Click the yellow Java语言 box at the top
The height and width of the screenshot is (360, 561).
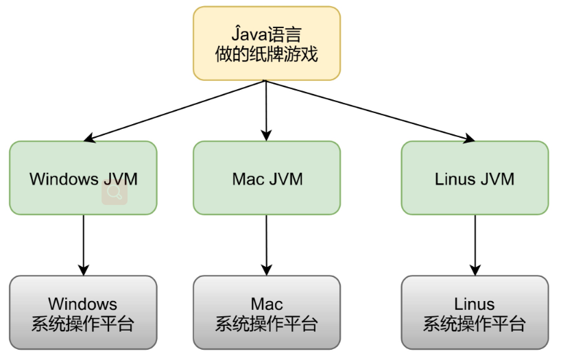point(267,43)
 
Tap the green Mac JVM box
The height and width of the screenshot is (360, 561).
point(267,178)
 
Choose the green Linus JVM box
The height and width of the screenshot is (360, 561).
point(475,178)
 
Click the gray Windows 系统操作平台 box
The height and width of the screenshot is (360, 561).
point(83,312)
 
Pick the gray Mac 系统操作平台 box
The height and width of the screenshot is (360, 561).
point(267,312)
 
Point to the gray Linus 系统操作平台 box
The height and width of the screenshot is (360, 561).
point(475,312)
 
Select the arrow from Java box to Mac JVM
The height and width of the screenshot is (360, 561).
point(267,110)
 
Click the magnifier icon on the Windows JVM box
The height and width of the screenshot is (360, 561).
point(115,194)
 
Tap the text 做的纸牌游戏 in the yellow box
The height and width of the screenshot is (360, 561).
point(267,54)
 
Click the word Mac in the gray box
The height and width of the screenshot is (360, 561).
point(267,304)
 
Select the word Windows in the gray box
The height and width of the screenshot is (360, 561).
point(83,304)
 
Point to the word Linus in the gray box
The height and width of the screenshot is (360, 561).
point(475,304)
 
